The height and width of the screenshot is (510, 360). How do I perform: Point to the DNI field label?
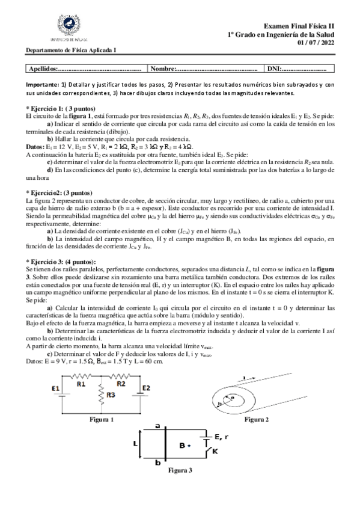pos(273,69)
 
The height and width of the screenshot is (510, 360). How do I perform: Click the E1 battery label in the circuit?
pos(55,389)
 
